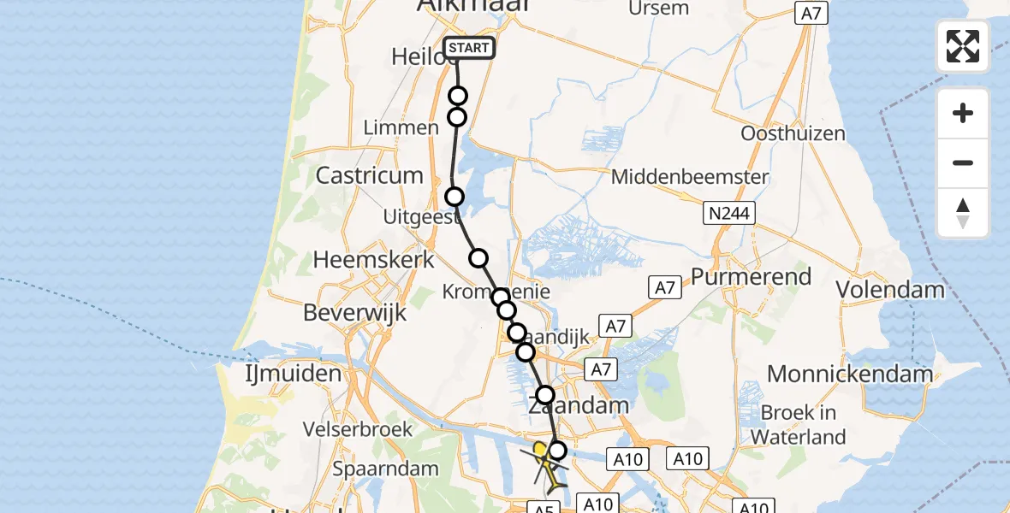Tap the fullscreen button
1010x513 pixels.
click(x=963, y=46)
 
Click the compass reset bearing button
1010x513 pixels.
click(x=963, y=213)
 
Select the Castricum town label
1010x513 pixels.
click(x=370, y=176)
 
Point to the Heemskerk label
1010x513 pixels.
click(x=374, y=259)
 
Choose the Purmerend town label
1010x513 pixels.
click(x=751, y=277)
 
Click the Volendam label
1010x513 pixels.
click(x=890, y=289)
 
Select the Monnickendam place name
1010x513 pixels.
click(x=850, y=374)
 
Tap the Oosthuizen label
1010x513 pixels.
click(x=793, y=134)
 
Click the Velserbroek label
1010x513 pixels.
click(x=362, y=430)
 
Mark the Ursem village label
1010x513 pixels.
click(x=658, y=9)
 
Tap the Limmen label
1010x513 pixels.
click(x=401, y=127)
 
